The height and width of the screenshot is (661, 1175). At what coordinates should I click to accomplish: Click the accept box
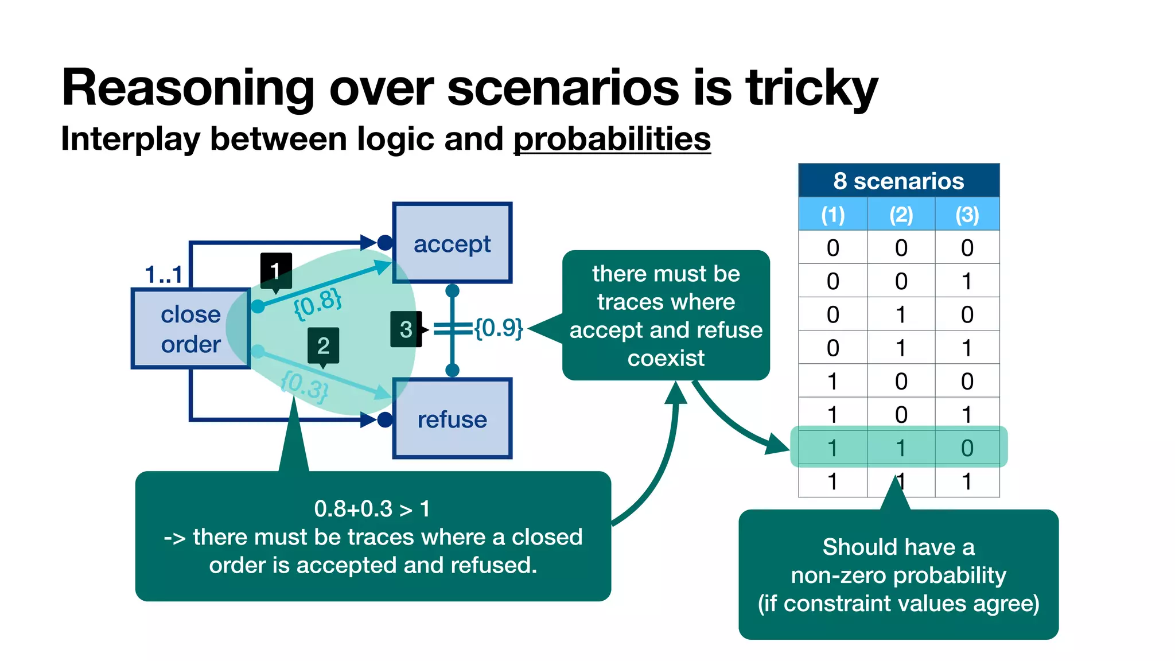[452, 243]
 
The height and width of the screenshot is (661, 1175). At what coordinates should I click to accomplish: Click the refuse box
[452, 419]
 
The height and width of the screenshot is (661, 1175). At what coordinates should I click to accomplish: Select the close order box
[190, 329]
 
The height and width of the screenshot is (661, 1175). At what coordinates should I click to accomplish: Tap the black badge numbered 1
[276, 270]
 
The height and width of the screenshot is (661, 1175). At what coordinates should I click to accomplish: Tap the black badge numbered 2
[323, 345]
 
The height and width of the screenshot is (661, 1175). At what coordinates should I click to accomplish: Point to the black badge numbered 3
[406, 329]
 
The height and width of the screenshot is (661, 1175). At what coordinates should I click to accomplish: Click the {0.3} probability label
[305, 386]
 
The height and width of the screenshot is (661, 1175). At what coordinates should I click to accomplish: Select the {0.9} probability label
[498, 328]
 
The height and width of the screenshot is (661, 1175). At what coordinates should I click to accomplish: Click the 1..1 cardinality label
[164, 275]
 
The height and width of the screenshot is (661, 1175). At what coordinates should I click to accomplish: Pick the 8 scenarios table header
[898, 181]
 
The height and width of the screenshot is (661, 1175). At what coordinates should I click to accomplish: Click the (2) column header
[901, 215]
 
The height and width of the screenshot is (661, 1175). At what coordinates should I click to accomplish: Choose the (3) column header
[967, 215]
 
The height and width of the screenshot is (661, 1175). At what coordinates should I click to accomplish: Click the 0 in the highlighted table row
[967, 448]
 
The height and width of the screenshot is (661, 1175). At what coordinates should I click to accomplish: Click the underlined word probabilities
[612, 139]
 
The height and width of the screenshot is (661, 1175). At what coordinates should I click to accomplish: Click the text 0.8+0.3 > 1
[372, 509]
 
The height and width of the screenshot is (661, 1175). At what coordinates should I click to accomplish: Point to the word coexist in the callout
[666, 359]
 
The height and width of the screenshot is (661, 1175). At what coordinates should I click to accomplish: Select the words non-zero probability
[898, 575]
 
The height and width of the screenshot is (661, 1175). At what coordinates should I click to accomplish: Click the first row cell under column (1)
[832, 248]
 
